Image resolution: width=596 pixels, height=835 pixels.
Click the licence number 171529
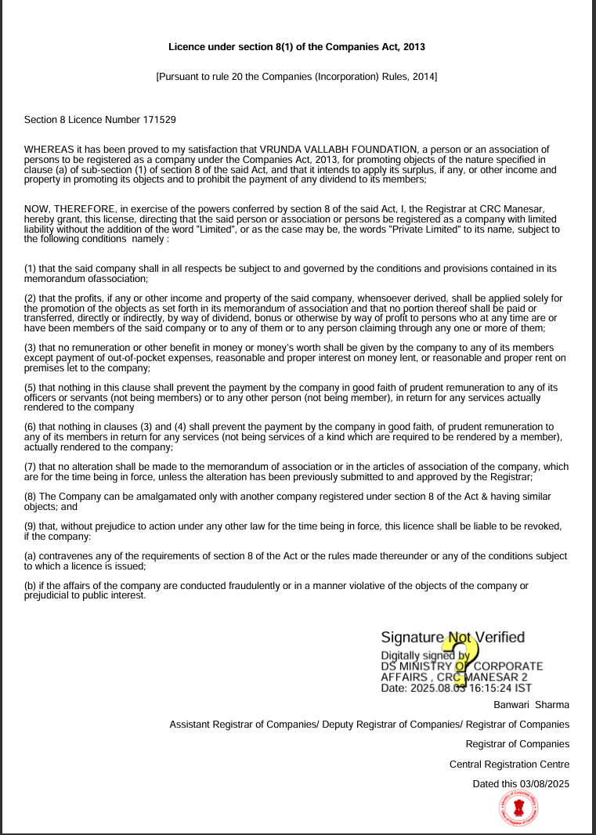click(159, 120)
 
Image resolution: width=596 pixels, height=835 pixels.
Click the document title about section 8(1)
click(297, 47)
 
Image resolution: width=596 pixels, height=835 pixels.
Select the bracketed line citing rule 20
click(297, 77)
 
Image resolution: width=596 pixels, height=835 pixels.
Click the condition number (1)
click(31, 268)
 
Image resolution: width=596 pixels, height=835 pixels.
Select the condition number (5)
click(31, 388)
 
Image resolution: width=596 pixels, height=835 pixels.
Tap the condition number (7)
click(31, 467)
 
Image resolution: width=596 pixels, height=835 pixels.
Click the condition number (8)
click(31, 497)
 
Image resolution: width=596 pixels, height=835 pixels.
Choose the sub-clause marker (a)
click(31, 555)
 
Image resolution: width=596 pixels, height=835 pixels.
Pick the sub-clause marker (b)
click(31, 585)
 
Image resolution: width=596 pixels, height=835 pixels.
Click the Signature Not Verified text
click(453, 638)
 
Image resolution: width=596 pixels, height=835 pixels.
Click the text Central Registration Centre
click(509, 764)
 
